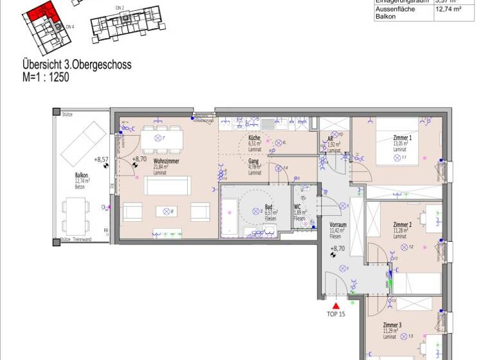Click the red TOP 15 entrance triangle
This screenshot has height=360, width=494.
coord(335,306)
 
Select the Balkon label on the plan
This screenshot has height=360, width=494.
coord(81,175)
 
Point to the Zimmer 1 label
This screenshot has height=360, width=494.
coord(402,138)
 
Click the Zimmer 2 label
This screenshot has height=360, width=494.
coord(402,225)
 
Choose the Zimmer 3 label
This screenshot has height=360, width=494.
coord(392,325)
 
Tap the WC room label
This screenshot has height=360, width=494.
coord(298,208)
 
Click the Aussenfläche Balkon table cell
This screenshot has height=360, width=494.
coord(395,13)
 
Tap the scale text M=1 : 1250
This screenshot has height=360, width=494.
coord(45,76)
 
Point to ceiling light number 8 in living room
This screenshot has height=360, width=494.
coord(167,211)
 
